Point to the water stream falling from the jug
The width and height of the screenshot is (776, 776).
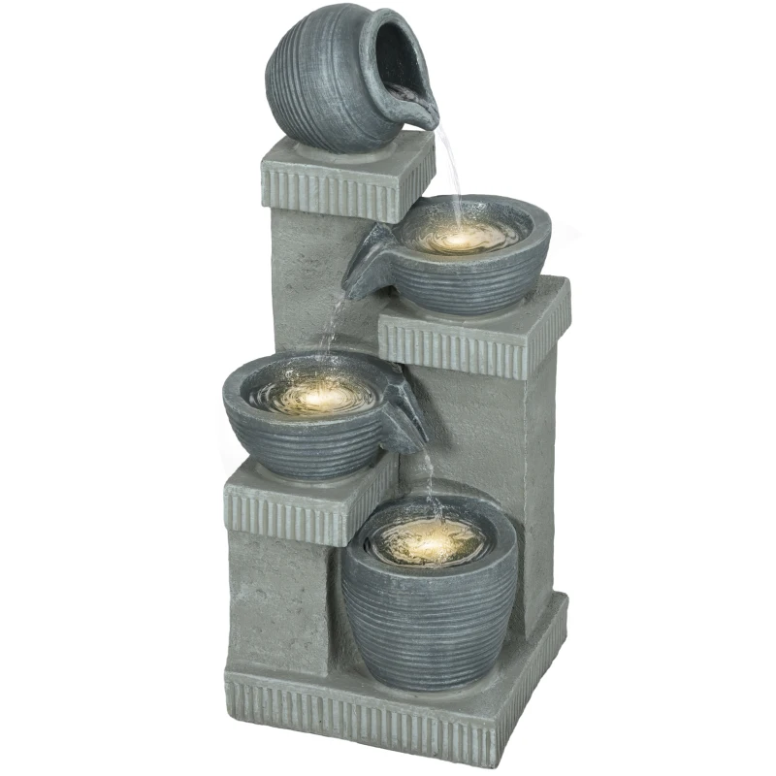pyautogui.click(x=449, y=165)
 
